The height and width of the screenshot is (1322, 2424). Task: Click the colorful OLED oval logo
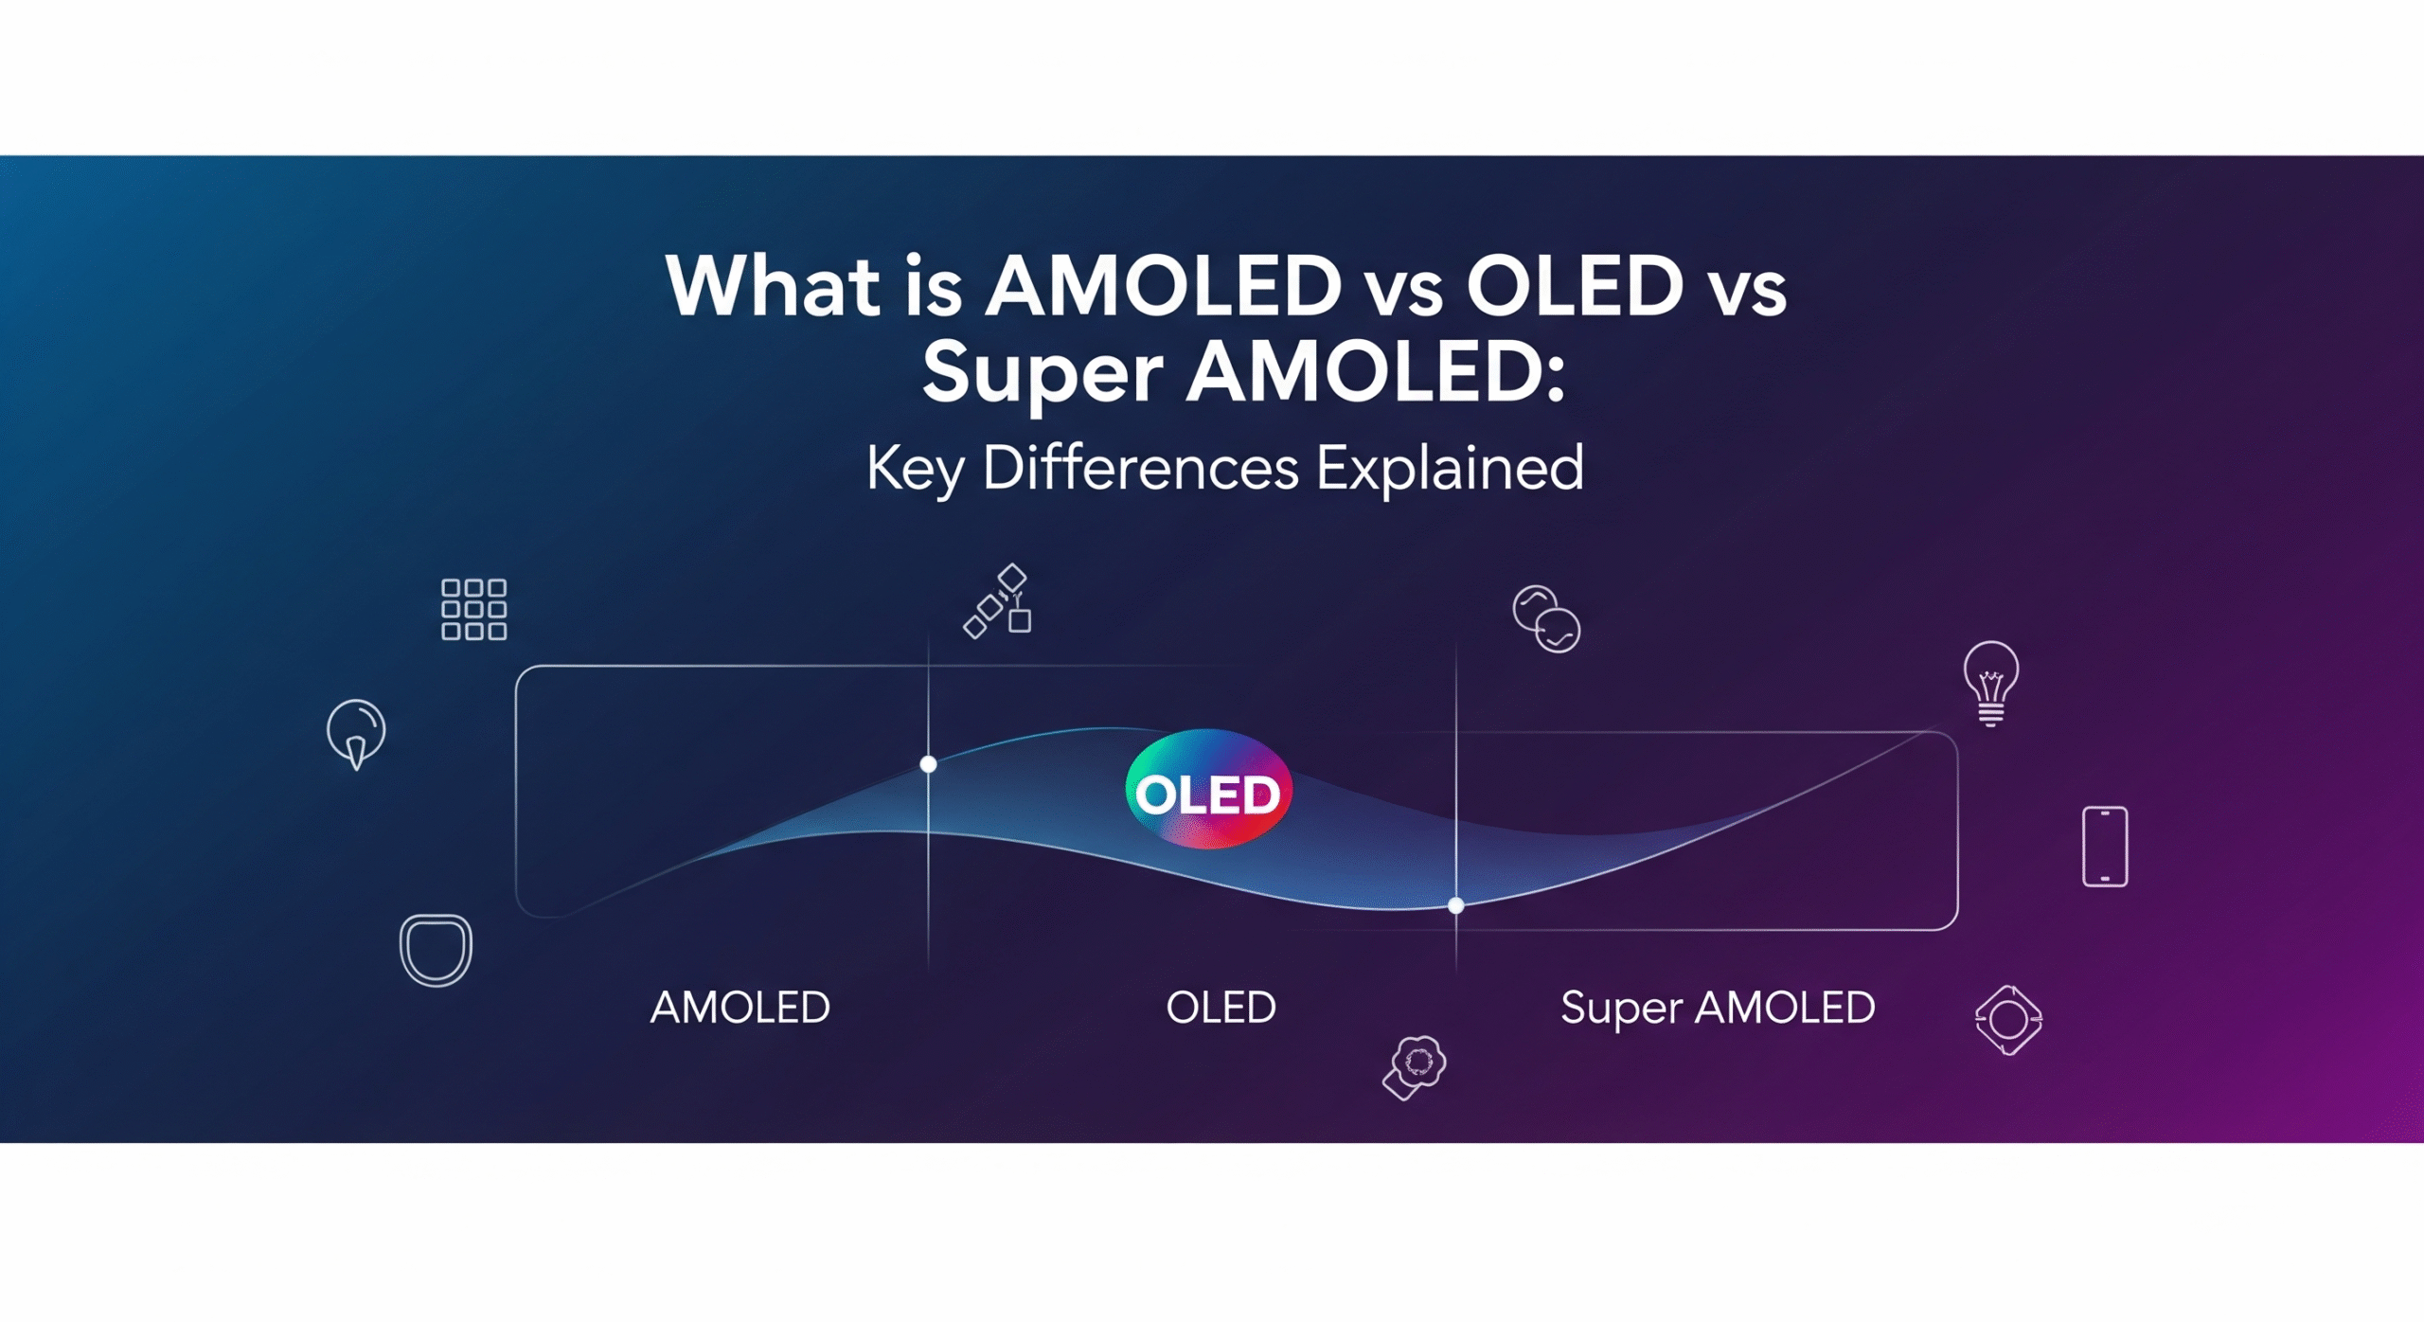pos(1208,789)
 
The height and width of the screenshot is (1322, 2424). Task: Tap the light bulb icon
pos(1991,683)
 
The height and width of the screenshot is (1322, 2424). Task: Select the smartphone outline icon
pos(2105,847)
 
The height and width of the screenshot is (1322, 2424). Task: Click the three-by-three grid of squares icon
pos(474,610)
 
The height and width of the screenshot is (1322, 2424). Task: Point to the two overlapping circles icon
pos(1546,619)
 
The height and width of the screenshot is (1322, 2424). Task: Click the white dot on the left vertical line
pos(929,764)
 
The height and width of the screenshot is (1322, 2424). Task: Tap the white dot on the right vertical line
pos(1456,905)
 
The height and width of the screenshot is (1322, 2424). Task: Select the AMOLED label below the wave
pos(740,1007)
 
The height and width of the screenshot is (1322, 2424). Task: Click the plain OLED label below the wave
pos(1221,1007)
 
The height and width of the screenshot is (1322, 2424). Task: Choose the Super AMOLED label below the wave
pos(1718,1008)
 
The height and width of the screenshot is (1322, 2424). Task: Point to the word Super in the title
pos(1043,374)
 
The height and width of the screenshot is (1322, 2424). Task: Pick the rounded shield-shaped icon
pos(436,950)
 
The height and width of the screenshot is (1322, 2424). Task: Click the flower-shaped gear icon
pos(1415,1067)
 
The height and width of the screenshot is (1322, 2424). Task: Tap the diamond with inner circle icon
pos(2008,1020)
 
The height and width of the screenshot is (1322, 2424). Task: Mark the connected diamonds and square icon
pos(997,601)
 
